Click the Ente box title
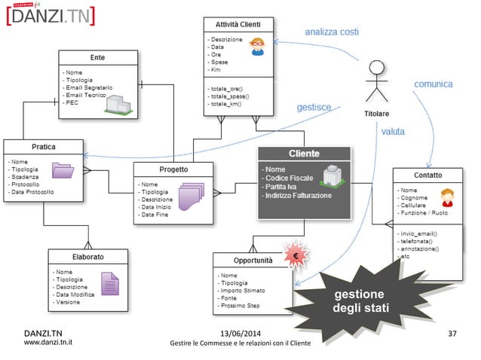(x=97, y=57)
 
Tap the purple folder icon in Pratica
(x=62, y=172)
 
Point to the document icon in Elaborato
(x=109, y=284)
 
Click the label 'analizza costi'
(x=331, y=32)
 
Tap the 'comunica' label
(x=434, y=84)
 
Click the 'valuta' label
(x=393, y=131)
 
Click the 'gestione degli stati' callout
(x=359, y=301)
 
